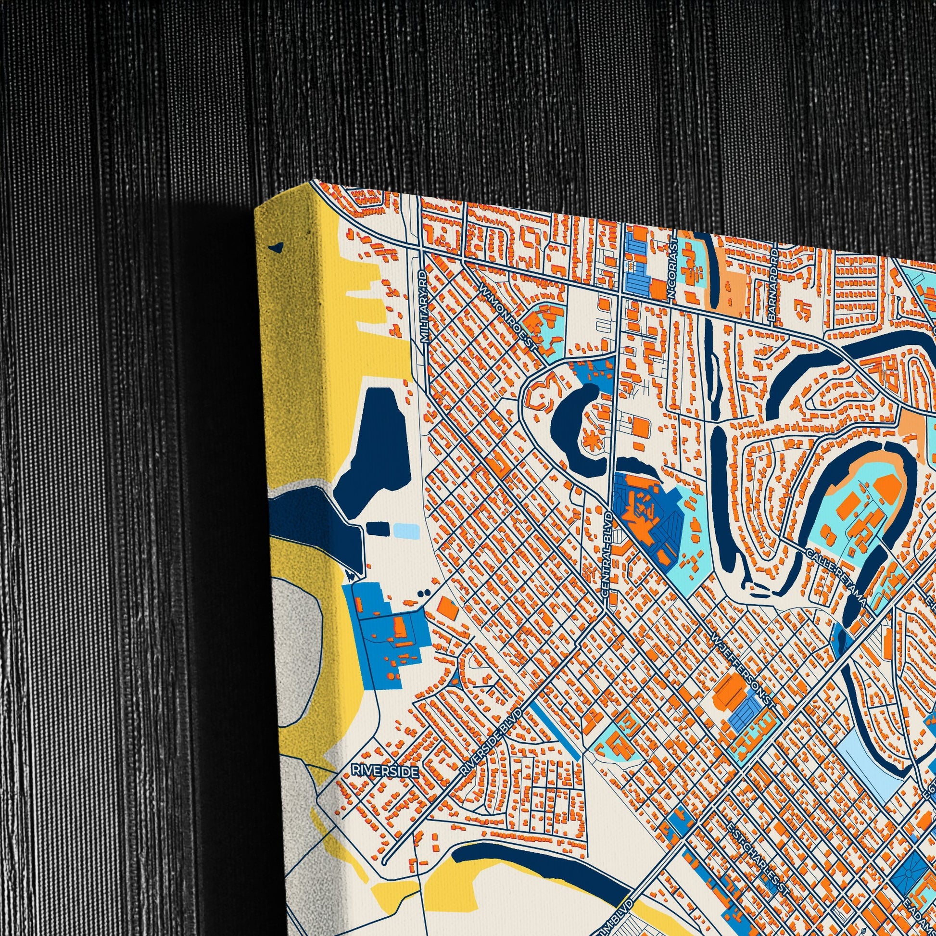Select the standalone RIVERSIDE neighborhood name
[x=385, y=771]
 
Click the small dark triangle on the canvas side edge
[x=277, y=247]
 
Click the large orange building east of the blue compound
[x=450, y=608]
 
